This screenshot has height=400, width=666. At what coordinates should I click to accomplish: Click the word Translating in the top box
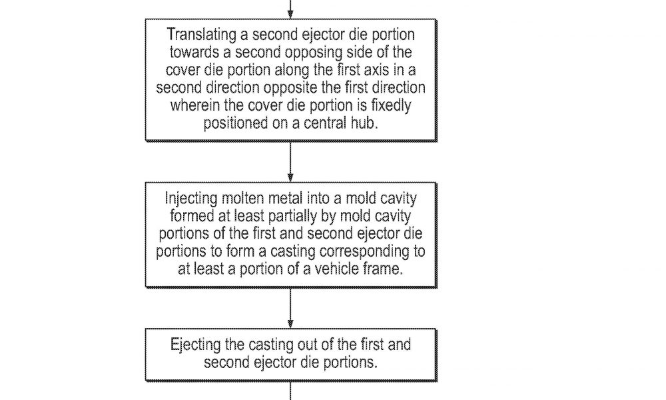click(201, 35)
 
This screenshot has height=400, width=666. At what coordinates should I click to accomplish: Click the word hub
click(364, 123)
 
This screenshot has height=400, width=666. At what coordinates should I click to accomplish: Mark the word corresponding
click(363, 251)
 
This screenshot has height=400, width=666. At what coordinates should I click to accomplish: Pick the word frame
click(383, 269)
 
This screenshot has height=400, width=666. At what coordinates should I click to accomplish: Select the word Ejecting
click(195, 345)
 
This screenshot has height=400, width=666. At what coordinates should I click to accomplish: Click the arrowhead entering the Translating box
click(290, 14)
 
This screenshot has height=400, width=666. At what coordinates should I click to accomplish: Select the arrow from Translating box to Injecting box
click(290, 161)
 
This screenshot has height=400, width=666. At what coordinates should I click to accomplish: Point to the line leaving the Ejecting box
click(290, 391)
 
